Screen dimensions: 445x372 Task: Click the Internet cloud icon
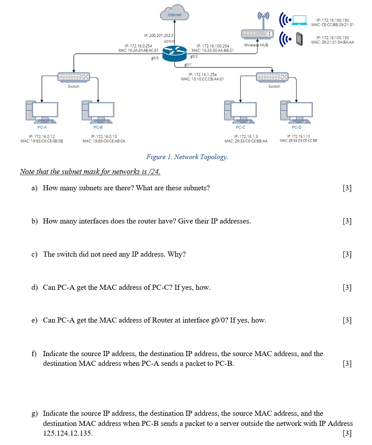point(174,14)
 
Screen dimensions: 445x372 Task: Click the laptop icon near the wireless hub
point(300,20)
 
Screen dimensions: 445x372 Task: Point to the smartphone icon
point(299,39)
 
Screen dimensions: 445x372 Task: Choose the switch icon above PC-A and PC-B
point(73,77)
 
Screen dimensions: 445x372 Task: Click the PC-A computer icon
point(42,111)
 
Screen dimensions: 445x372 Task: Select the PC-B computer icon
point(98,111)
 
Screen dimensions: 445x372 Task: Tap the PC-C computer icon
point(240,111)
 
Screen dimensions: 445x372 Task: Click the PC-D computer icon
point(297,111)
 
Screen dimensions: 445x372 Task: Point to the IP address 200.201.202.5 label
point(159,35)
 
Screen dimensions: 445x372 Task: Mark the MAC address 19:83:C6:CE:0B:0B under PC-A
point(42,141)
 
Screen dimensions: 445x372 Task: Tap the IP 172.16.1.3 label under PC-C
point(245,136)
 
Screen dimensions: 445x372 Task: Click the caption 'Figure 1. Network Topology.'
point(187,157)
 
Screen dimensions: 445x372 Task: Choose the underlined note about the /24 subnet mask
point(90,172)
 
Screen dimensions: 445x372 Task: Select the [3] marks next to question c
point(347,254)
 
